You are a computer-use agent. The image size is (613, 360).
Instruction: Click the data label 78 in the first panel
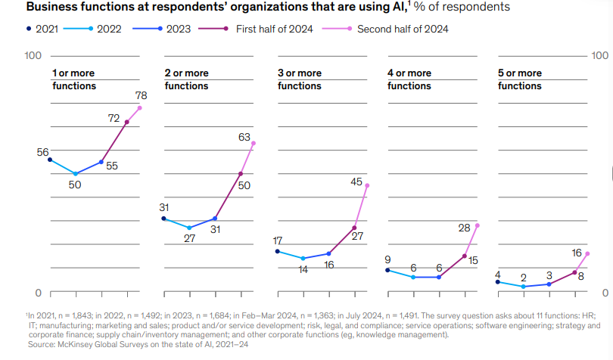coord(141,96)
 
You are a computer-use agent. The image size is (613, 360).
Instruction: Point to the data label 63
coord(244,138)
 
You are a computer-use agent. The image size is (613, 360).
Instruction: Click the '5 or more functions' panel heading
coord(520,79)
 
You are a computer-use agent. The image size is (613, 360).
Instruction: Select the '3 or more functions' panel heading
coord(300,79)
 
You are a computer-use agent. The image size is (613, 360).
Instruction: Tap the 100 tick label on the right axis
coord(599,56)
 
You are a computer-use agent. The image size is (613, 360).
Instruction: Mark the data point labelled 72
coord(126,122)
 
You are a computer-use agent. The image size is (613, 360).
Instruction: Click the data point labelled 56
coord(49,160)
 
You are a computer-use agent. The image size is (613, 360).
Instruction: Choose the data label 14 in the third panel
coord(303,268)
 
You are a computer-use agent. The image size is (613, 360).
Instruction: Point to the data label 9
coord(387,259)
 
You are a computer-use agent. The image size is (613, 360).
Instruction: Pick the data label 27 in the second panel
coord(190,238)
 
